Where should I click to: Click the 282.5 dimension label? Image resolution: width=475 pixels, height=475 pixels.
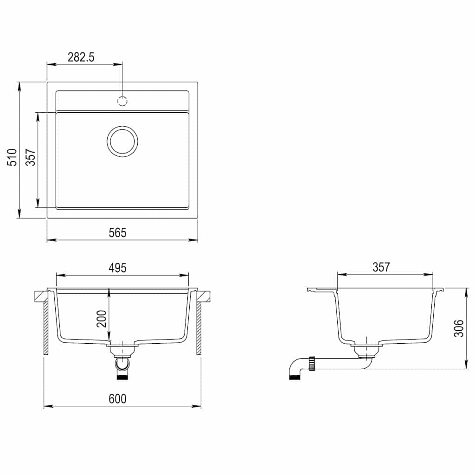pyautogui.click(x=81, y=57)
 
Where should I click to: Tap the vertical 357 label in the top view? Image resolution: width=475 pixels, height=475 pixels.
pyautogui.click(x=30, y=157)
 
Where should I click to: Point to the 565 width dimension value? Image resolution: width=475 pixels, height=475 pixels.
pyautogui.click(x=117, y=233)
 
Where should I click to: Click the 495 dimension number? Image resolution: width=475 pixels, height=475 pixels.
pyautogui.click(x=117, y=268)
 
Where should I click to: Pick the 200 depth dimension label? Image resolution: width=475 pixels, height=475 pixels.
pyautogui.click(x=102, y=318)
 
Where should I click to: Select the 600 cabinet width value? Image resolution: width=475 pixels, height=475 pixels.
pyautogui.click(x=117, y=399)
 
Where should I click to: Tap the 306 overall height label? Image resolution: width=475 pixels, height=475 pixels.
pyautogui.click(x=458, y=328)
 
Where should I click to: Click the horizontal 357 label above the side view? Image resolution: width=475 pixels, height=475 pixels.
pyautogui.click(x=381, y=267)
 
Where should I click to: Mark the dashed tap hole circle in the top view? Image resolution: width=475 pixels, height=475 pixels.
pyautogui.click(x=122, y=100)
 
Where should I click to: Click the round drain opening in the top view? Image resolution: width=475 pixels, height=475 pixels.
pyautogui.click(x=122, y=141)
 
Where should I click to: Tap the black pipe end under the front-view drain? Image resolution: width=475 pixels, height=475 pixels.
pyautogui.click(x=122, y=377)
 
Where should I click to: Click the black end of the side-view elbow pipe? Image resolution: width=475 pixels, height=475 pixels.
pyautogui.click(x=294, y=377)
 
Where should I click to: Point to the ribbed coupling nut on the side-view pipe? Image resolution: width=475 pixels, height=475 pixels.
pyautogui.click(x=313, y=363)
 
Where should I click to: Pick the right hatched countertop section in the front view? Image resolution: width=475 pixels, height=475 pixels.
pyautogui.click(x=204, y=295)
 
